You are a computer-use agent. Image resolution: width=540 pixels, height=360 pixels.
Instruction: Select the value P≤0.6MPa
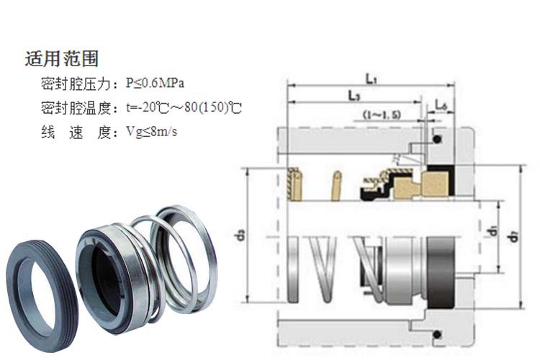(x=161, y=84)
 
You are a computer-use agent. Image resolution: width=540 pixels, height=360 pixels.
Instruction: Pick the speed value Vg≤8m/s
(x=156, y=132)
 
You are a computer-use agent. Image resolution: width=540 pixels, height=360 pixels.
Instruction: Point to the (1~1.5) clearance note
(x=382, y=114)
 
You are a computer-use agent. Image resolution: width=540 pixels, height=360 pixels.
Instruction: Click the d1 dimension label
(x=490, y=232)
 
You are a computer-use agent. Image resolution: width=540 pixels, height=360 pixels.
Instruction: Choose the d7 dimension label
(x=513, y=234)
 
